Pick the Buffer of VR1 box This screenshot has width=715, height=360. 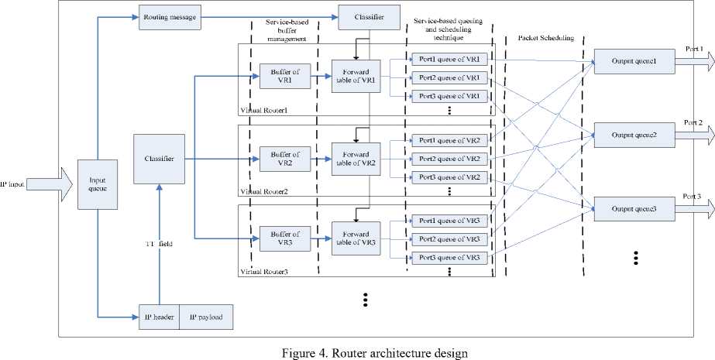pos(279,76)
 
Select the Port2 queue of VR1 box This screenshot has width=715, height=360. pos(450,77)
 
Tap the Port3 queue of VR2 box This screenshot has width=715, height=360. pos(450,177)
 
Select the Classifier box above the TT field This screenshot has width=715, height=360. pos(159,159)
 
